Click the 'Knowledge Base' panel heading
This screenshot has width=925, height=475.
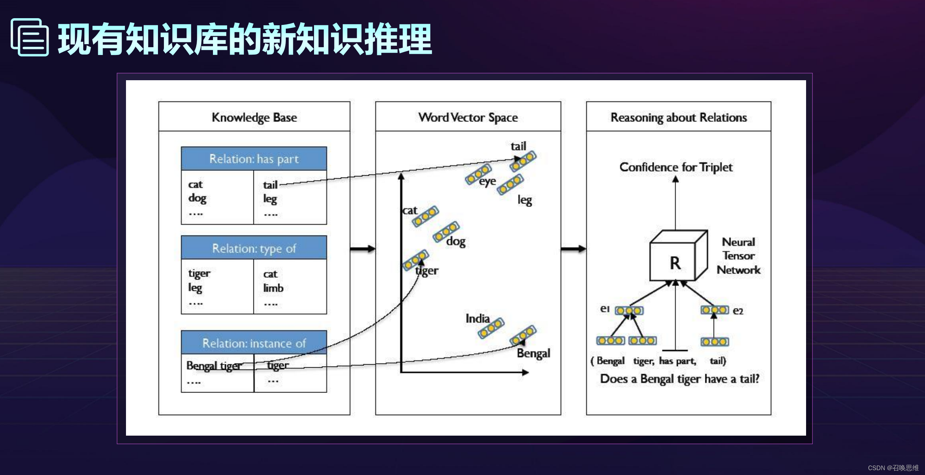coord(254,117)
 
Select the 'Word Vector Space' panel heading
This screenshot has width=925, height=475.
coord(468,117)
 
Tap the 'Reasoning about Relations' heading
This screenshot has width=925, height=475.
coord(679,117)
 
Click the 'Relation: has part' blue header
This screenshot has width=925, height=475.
coord(254,159)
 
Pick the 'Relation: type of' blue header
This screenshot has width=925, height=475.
coord(254,248)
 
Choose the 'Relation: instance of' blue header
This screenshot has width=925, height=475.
coord(254,343)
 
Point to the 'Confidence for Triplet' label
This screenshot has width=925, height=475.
coord(676,167)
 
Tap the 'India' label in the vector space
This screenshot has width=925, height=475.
coord(478,318)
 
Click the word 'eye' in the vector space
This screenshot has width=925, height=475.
coord(487,181)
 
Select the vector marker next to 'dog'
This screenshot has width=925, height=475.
coord(446,231)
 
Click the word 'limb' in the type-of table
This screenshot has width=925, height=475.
coord(273,288)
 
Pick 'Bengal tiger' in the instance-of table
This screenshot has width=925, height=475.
coord(214,366)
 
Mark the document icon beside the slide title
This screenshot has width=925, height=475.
coord(30,37)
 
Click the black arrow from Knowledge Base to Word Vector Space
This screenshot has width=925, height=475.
coord(362,249)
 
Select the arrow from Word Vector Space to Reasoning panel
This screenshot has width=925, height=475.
coord(573,249)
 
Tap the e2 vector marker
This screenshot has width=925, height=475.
coord(714,310)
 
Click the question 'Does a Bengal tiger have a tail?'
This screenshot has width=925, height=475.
coord(680,379)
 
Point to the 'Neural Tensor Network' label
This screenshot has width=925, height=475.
coord(738,256)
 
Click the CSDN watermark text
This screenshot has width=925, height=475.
coord(893,468)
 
